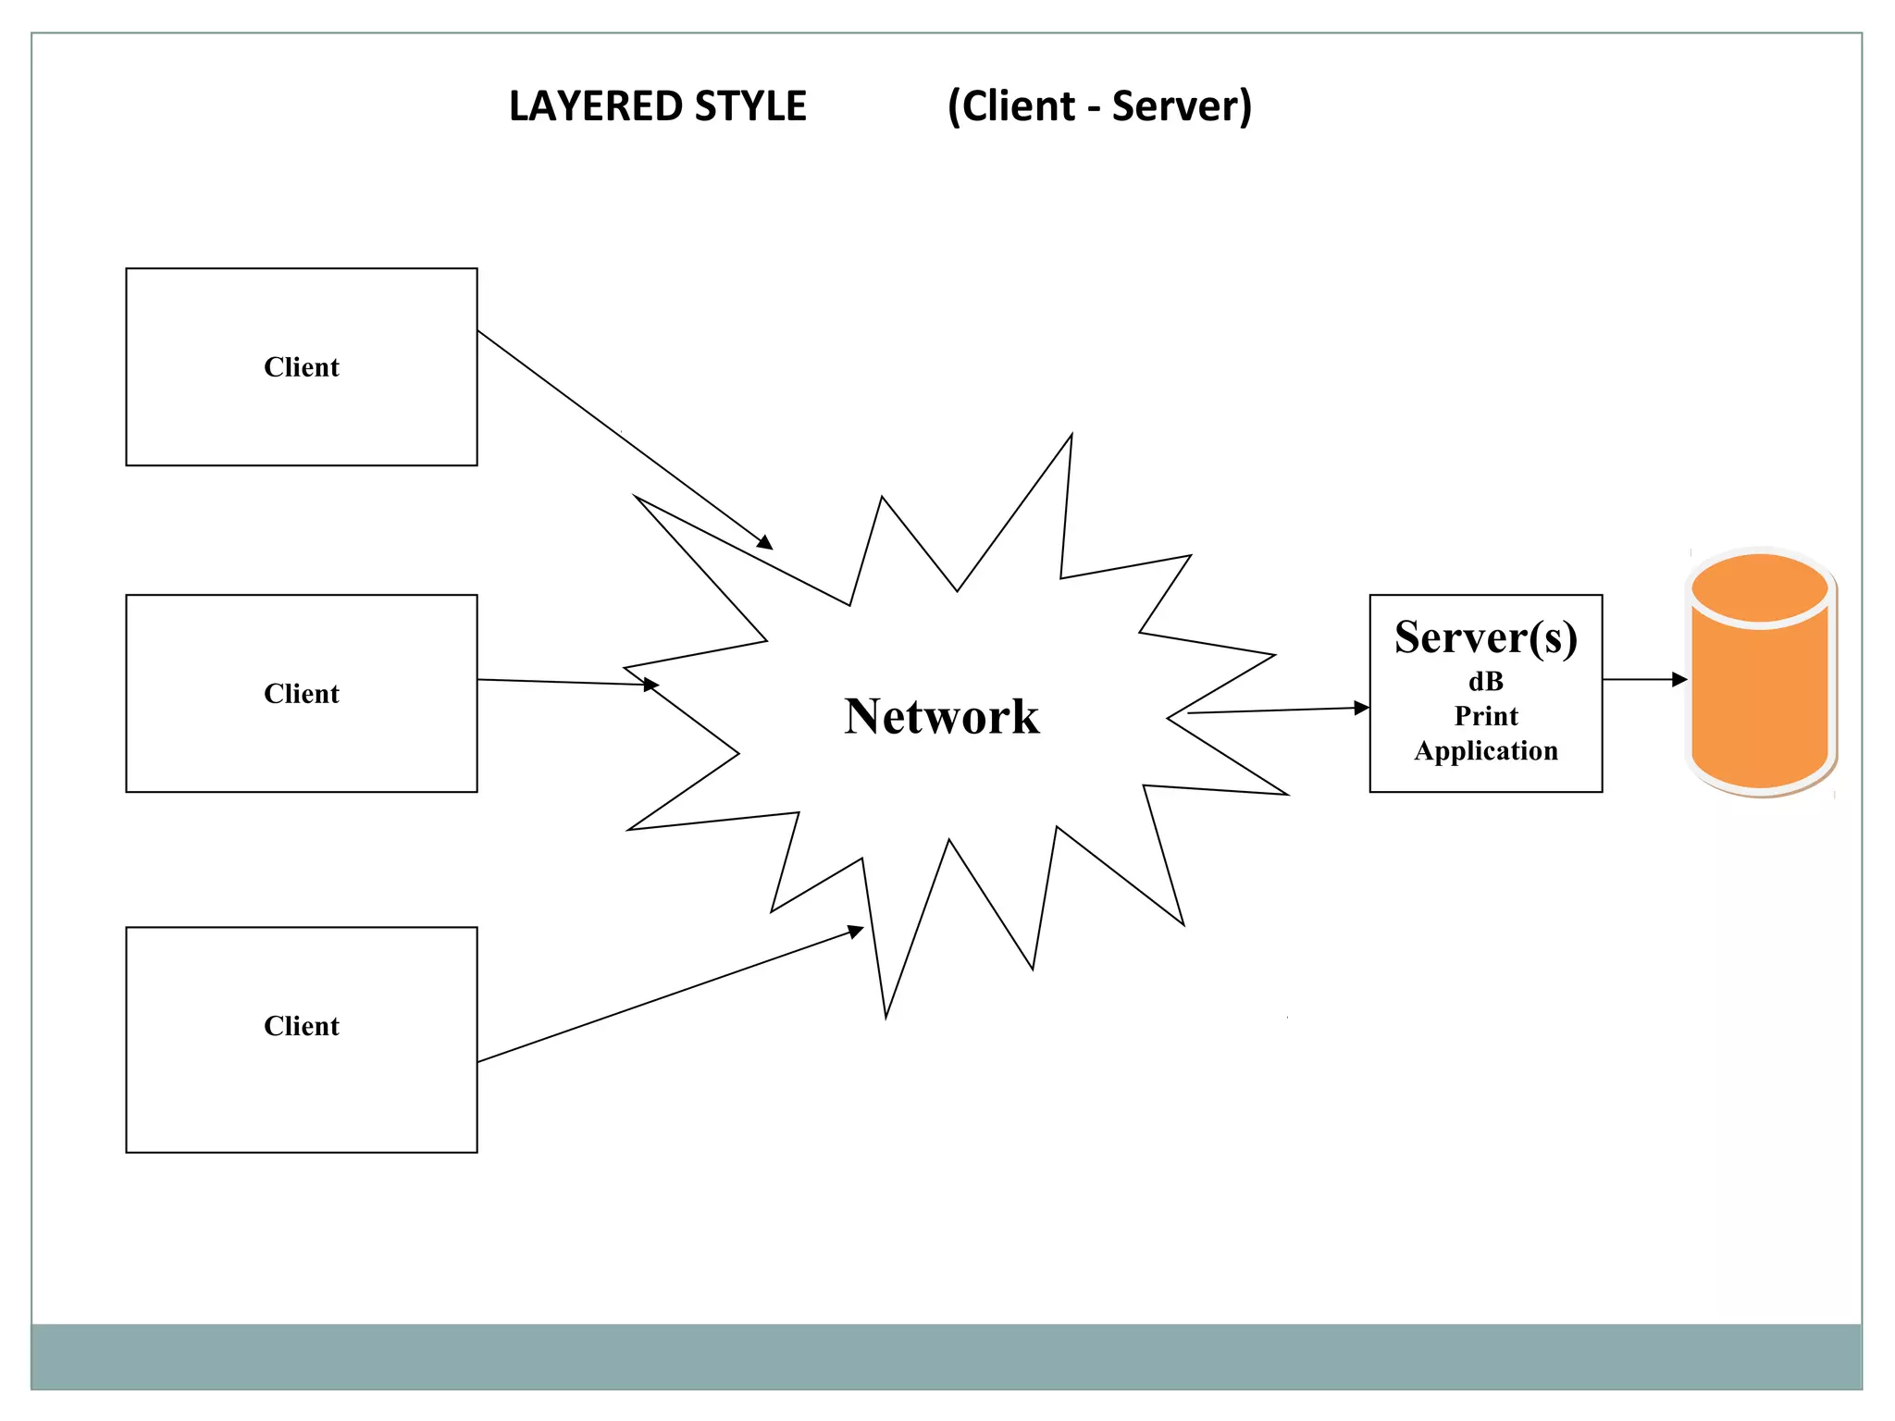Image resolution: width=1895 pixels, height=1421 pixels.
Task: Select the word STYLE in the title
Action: [x=750, y=106]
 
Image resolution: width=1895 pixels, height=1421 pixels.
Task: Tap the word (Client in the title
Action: [x=1011, y=106]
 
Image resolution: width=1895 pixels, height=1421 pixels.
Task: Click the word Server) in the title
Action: [x=1182, y=106]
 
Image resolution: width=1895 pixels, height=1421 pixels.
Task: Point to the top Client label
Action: [x=302, y=367]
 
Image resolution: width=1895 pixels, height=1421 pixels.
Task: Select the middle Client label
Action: [x=302, y=694]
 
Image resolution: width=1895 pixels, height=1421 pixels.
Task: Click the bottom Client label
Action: [x=302, y=1026]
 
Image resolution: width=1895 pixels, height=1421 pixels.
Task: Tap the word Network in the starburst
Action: [x=942, y=717]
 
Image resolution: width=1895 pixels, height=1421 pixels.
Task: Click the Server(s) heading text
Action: [x=1486, y=637]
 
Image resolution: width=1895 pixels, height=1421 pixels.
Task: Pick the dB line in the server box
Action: [x=1486, y=682]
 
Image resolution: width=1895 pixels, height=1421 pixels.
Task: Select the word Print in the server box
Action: [x=1486, y=716]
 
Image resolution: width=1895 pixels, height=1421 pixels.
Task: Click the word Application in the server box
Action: [x=1486, y=750]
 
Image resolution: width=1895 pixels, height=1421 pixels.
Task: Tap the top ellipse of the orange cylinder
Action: [x=1760, y=588]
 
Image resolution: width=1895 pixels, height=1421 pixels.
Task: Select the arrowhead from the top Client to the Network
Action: [x=765, y=543]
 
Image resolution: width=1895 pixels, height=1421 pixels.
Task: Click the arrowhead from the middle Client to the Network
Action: [x=651, y=685]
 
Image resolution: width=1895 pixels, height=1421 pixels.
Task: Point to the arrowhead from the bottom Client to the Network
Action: [x=856, y=932]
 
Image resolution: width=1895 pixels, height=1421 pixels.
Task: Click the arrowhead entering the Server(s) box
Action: [x=1362, y=708]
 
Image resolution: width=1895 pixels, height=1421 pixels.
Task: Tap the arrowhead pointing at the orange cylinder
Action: [x=1680, y=680]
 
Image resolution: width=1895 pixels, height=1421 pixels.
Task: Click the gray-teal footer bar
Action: [x=946, y=1356]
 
